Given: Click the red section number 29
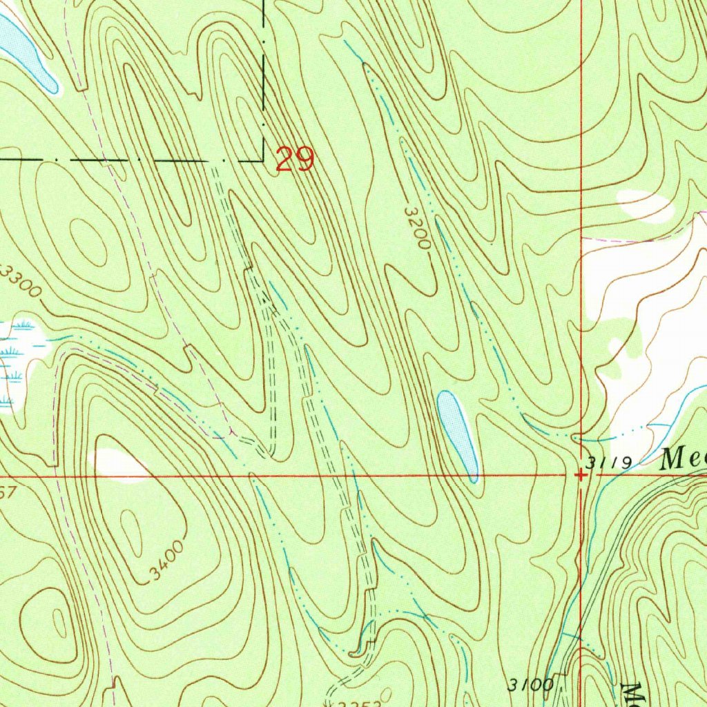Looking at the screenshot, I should pos(295,159).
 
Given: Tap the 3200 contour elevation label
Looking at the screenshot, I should pos(418,229).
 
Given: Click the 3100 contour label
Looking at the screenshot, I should pos(530,685).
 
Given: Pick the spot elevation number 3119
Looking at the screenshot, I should pos(608,462).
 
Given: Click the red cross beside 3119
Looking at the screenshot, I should pos(582,475).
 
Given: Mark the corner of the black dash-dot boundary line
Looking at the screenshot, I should pos(264,159).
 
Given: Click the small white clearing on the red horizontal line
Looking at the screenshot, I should pos(117,463).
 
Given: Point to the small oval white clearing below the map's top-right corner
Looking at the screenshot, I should pos(644,206).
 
